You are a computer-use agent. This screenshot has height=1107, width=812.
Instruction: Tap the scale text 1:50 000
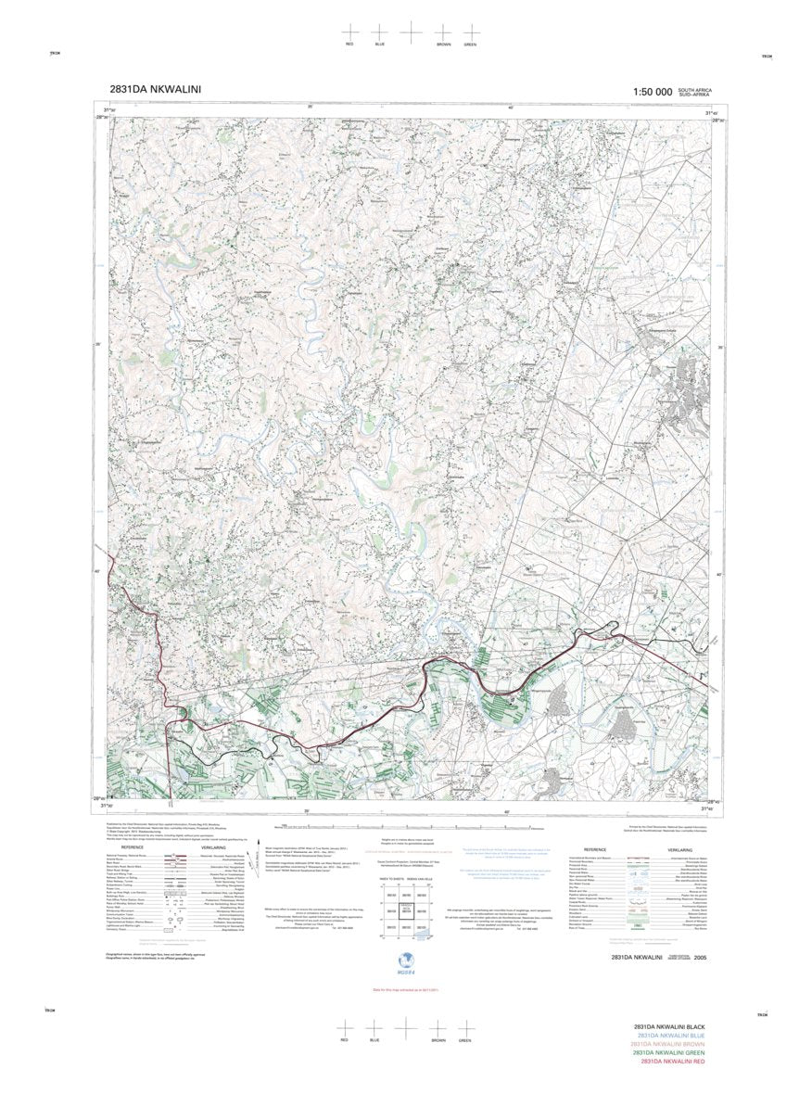(x=652, y=92)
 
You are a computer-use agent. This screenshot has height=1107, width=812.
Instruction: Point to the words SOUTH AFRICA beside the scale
(x=695, y=89)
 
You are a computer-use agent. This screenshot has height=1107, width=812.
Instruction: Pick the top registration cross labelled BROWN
(x=443, y=32)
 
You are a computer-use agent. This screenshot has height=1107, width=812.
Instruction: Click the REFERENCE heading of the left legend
(x=132, y=847)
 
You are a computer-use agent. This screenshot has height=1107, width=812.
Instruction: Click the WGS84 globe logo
(x=404, y=962)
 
